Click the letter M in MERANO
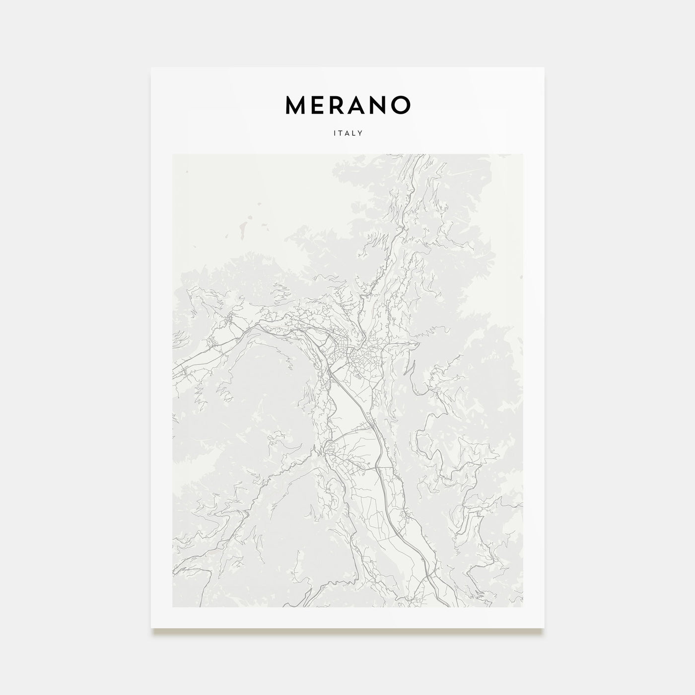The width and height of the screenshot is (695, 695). [x=295, y=104]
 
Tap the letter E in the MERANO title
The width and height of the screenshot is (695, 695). [x=318, y=104]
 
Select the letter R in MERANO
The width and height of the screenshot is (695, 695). [x=337, y=104]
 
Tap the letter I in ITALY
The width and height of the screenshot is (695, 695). [x=335, y=133]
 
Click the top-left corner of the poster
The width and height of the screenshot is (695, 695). [x=151, y=68]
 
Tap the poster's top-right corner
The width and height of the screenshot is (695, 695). [x=544, y=68]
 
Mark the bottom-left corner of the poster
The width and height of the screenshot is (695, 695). [x=151, y=628]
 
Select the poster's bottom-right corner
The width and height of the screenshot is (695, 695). [x=544, y=628]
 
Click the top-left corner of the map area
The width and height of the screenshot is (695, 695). [x=173, y=154]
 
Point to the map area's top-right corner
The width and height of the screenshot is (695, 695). [x=523, y=154]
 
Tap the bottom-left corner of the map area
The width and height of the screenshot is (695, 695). [x=173, y=607]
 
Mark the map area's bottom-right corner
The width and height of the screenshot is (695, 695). [x=523, y=607]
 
